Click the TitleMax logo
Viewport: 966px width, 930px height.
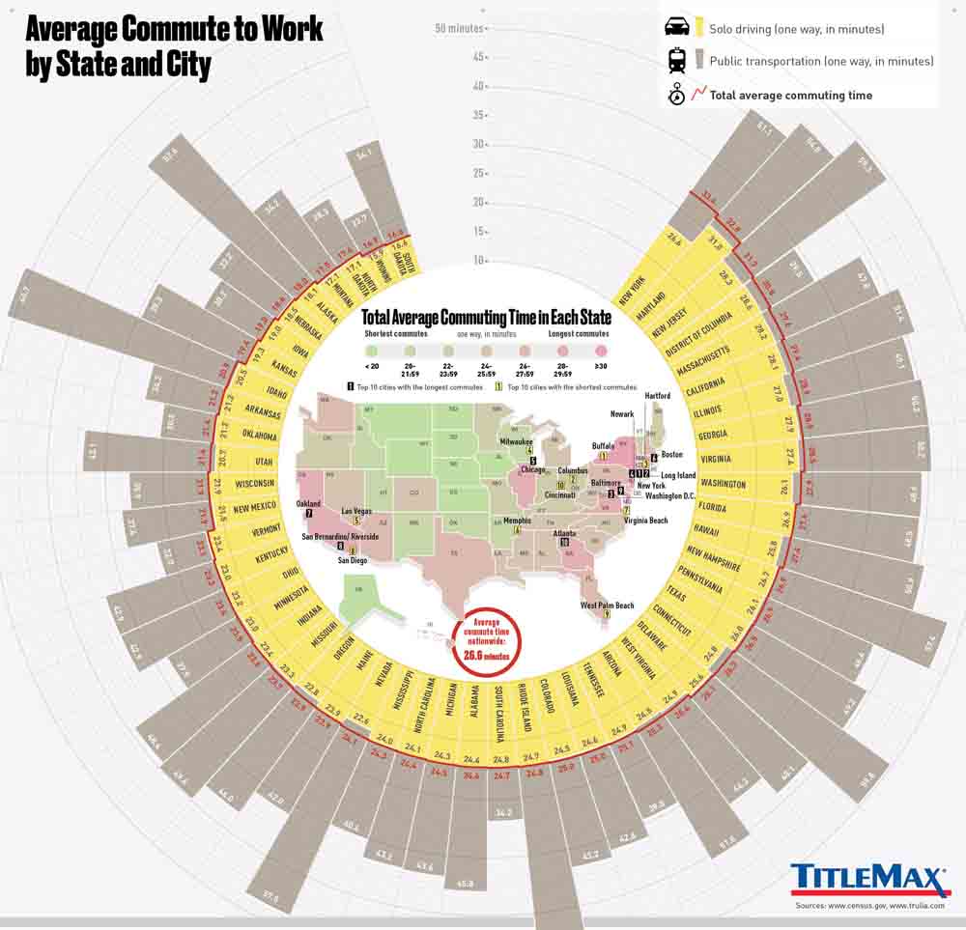tap(869, 879)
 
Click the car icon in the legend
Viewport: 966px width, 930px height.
tap(676, 28)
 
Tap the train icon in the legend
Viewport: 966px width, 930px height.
tap(676, 61)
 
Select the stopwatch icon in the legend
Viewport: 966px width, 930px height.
tap(676, 95)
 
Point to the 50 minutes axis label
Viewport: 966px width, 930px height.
tap(459, 28)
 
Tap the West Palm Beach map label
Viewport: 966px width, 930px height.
tap(608, 605)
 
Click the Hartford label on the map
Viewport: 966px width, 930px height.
tap(658, 395)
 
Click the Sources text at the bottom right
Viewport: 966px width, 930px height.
tap(873, 905)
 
